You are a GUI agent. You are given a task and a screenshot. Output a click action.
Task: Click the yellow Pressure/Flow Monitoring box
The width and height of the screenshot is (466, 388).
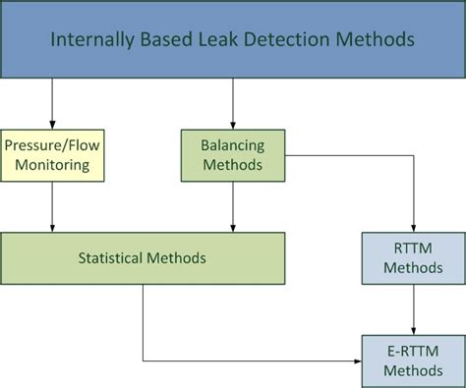coord(52,155)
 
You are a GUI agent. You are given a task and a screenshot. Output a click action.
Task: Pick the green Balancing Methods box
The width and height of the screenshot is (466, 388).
coord(233,155)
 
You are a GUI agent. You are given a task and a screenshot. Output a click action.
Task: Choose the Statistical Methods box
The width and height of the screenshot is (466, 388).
coord(143,258)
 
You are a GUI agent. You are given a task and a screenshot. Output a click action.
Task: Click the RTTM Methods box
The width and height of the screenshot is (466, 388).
coord(413,258)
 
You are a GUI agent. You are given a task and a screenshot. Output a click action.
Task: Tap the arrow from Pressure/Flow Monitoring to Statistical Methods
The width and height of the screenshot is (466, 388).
coord(52,206)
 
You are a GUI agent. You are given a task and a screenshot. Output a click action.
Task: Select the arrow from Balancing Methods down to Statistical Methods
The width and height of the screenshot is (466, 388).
coord(233,206)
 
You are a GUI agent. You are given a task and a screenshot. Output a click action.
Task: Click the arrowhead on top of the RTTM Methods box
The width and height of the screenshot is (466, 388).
coord(413,227)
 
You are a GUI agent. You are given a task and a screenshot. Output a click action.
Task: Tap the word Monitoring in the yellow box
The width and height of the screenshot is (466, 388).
coord(52,165)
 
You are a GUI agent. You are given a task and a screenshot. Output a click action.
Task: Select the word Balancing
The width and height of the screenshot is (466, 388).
coord(233,145)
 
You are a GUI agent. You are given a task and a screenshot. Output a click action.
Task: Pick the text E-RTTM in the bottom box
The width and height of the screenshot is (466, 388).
coord(413,351)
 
